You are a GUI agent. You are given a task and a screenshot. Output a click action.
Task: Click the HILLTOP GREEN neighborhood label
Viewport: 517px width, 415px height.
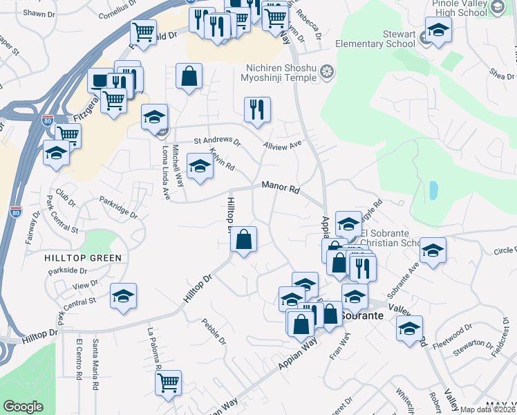[83, 258]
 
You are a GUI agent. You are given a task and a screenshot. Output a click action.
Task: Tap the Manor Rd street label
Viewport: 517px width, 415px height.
[280, 187]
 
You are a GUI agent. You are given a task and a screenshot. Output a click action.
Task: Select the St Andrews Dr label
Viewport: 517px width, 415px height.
[216, 142]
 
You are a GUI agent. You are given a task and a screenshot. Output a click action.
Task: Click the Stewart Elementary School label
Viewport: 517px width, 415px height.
[375, 39]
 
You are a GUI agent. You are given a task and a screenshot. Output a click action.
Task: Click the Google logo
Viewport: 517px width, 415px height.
[23, 407]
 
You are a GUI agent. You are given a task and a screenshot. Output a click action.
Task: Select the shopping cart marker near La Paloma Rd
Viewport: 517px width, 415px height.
[168, 383]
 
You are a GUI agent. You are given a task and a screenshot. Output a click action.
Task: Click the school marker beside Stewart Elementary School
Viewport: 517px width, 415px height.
[438, 30]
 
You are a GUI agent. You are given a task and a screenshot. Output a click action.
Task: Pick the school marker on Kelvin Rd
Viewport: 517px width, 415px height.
[200, 166]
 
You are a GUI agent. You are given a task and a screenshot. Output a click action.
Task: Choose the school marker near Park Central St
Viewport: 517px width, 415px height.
[124, 295]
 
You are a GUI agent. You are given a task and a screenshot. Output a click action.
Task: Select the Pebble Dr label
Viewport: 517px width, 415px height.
[214, 331]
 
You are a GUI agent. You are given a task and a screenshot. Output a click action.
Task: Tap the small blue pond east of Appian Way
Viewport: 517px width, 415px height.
[433, 190]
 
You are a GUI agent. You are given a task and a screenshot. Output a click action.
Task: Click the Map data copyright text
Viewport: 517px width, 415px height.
[487, 409]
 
